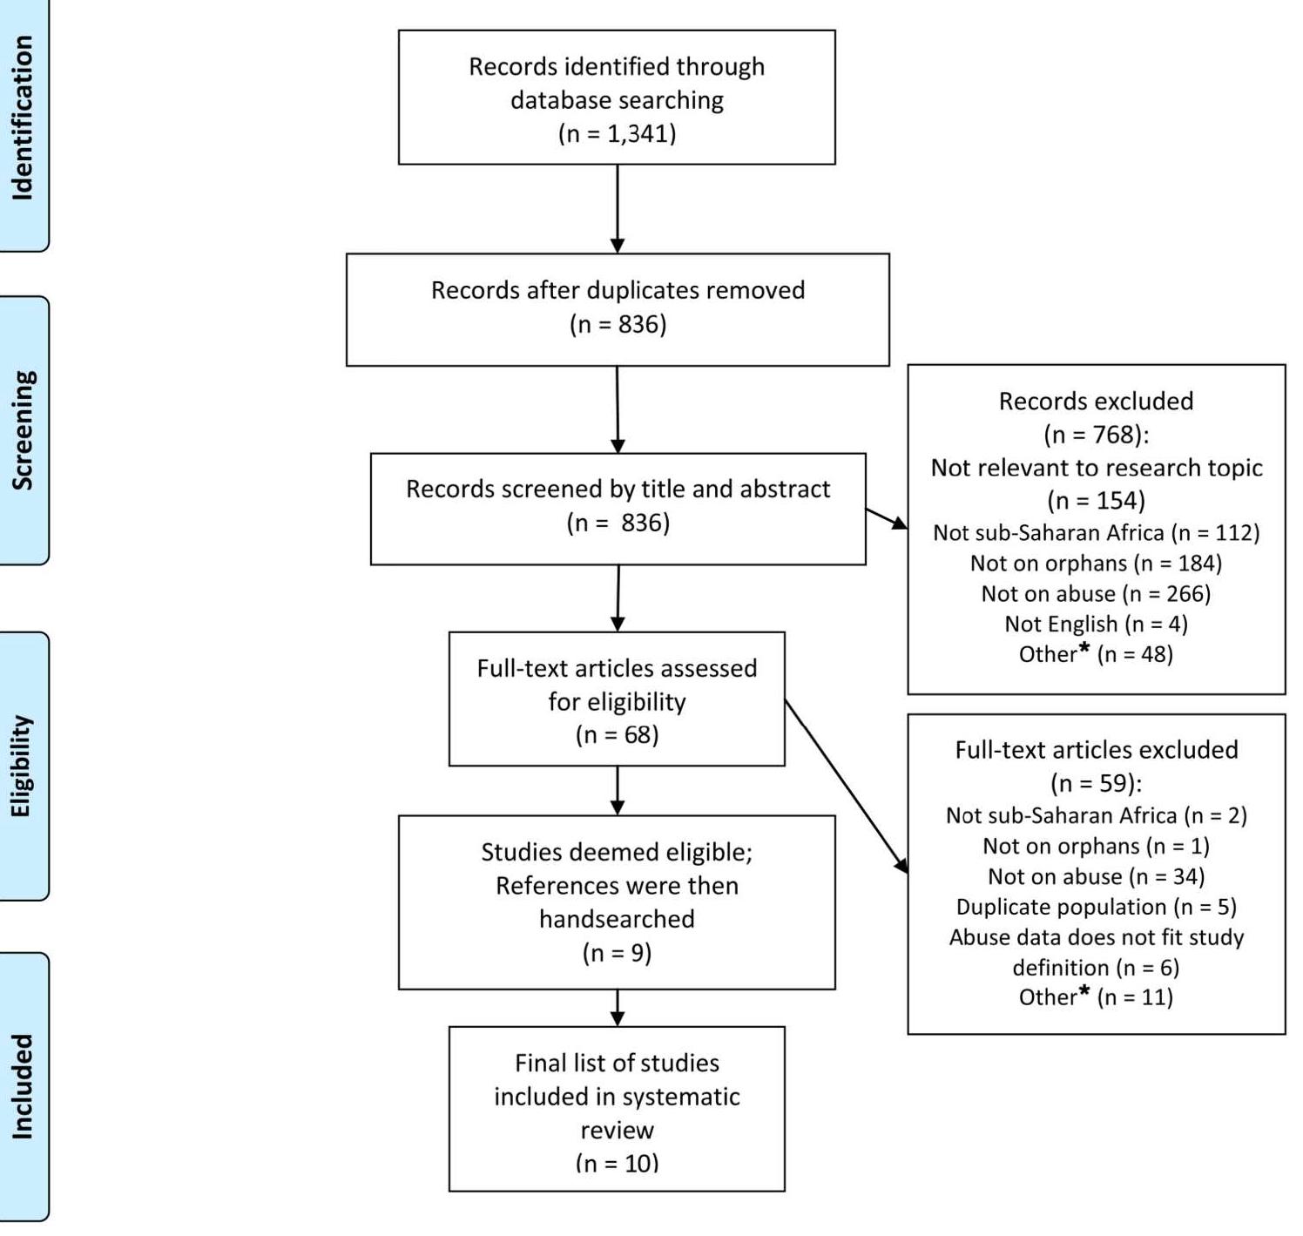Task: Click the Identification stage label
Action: click(x=23, y=118)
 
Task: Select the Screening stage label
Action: click(x=23, y=430)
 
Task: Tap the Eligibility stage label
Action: click(x=23, y=767)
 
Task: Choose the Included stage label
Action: click(x=23, y=1087)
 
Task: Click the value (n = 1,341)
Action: click(x=617, y=133)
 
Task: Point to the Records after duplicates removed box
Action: click(x=618, y=308)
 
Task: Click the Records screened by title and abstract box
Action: click(x=618, y=508)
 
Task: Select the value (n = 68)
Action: click(x=617, y=734)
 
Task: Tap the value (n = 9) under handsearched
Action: click(x=617, y=953)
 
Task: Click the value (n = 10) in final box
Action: click(x=617, y=1162)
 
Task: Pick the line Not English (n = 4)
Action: click(x=1096, y=624)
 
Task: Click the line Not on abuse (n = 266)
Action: click(x=1096, y=593)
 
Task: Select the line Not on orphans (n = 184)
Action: click(x=1096, y=563)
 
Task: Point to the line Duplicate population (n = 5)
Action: click(x=1096, y=907)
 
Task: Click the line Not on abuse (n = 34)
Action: click(x=1096, y=876)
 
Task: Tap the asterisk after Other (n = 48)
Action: click(x=1084, y=648)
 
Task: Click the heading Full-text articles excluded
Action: click(x=1096, y=750)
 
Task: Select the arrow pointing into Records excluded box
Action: click(x=887, y=518)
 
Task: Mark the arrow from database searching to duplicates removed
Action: click(x=618, y=209)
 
